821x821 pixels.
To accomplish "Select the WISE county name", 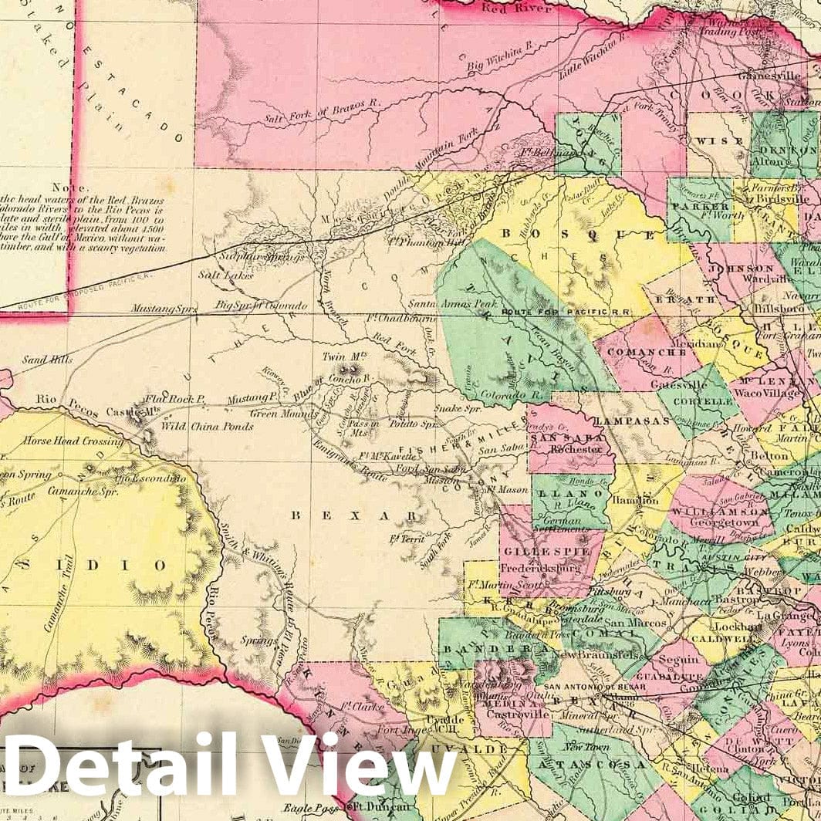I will pyautogui.click(x=708, y=141).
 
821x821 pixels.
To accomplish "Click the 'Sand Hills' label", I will pyautogui.click(x=47, y=359).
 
